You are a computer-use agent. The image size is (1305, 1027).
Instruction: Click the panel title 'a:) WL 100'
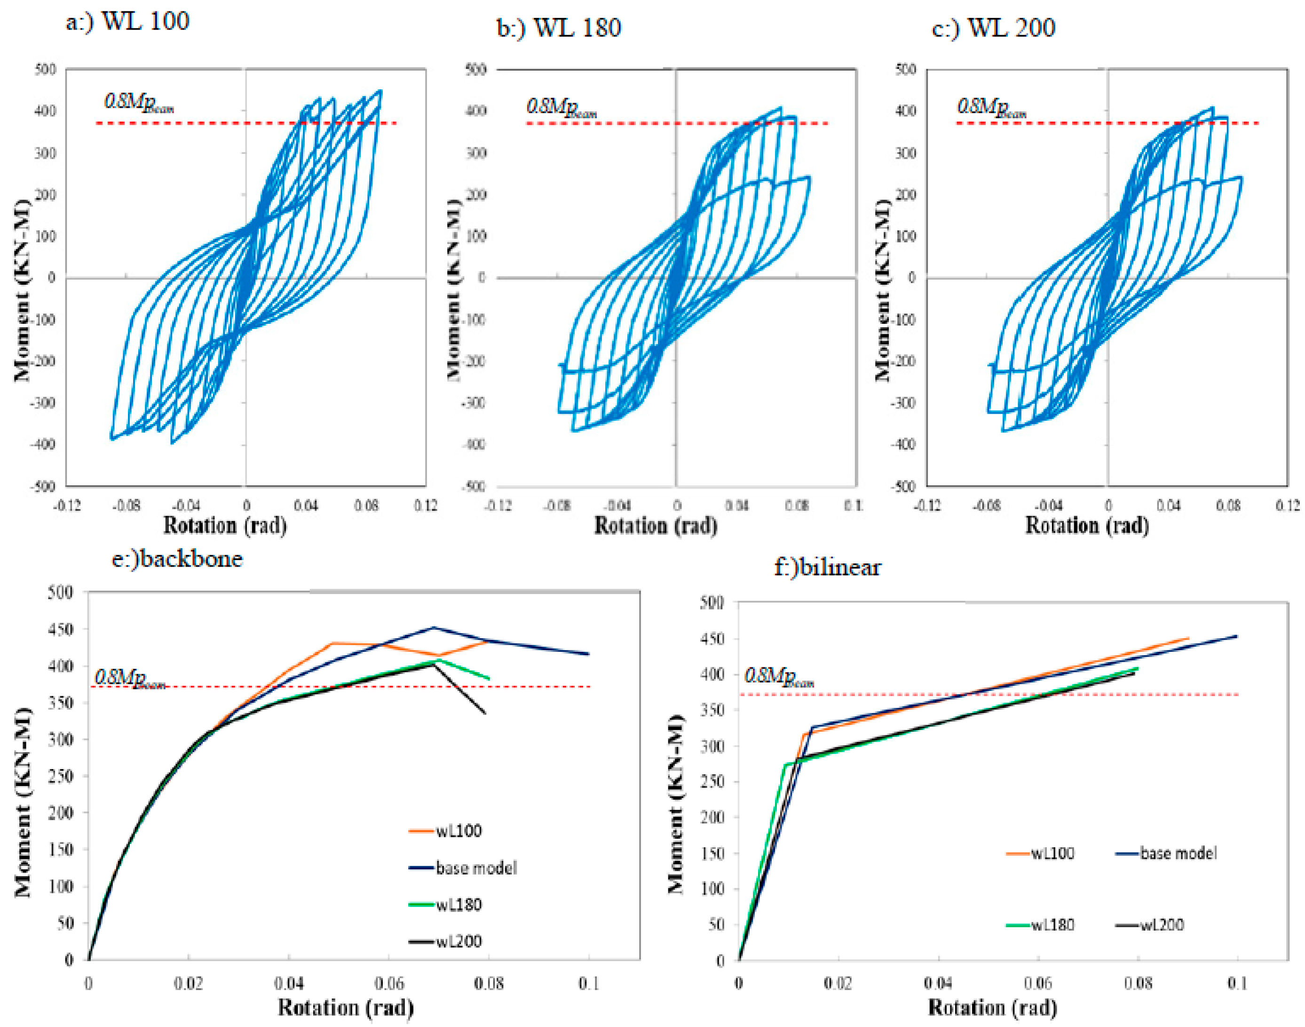click(127, 22)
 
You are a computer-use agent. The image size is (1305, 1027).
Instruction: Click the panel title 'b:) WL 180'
click(559, 28)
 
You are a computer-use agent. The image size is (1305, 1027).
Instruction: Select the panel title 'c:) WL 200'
click(993, 28)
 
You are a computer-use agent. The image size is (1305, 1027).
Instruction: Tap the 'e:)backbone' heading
click(177, 559)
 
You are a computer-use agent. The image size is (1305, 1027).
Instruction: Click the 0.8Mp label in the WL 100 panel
click(138, 104)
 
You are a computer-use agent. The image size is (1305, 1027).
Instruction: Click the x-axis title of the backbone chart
click(346, 1007)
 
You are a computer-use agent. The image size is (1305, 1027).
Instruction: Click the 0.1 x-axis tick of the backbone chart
click(588, 983)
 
